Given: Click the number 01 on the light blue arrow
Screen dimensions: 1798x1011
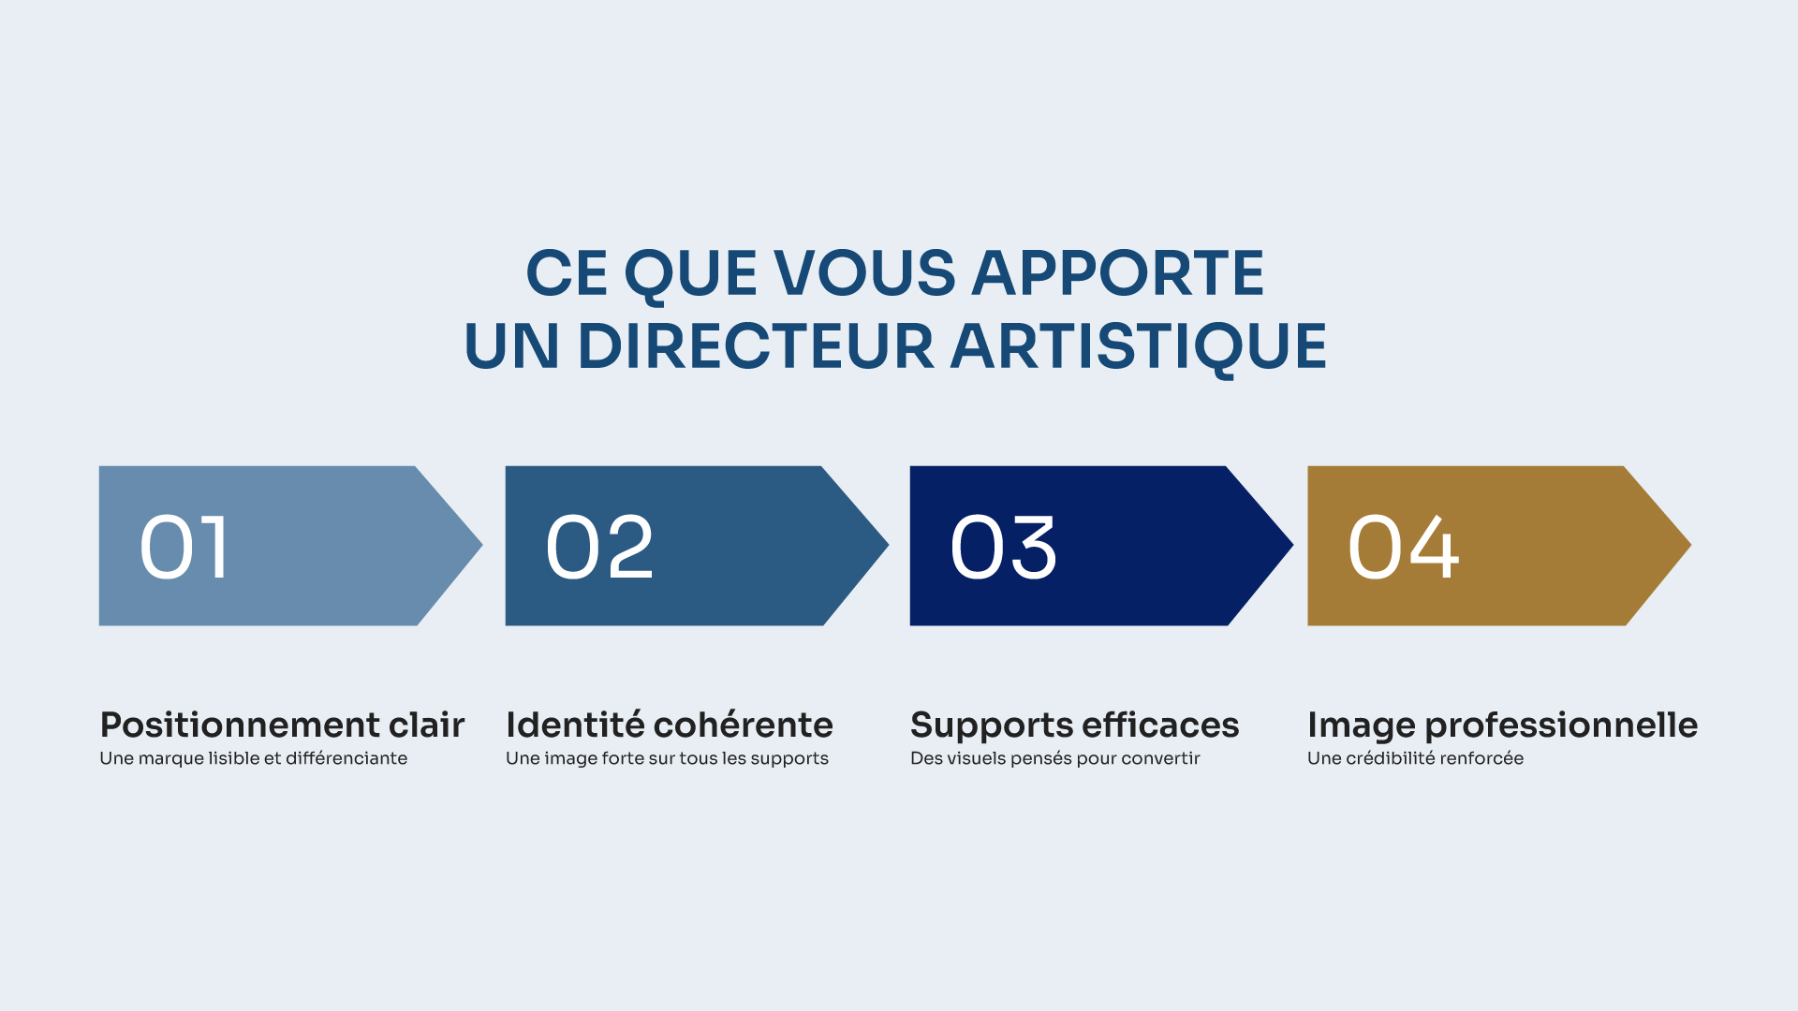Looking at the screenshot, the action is [184, 548].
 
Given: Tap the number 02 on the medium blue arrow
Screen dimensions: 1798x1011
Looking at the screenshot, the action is [599, 548].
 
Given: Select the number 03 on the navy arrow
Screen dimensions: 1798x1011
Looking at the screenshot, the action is [1004, 548].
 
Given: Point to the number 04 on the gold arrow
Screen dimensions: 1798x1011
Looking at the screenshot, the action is [1403, 548].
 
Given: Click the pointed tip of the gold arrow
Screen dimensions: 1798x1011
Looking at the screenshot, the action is [1690, 545].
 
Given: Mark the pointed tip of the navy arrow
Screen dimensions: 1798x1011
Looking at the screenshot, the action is [1292, 545].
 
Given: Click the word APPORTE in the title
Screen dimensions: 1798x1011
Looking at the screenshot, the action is [1118, 273].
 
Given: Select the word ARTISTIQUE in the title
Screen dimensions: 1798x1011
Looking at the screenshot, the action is [1139, 346].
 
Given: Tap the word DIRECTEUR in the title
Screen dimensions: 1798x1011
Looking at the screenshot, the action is [757, 346].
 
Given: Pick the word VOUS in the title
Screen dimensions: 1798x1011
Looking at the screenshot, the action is [865, 273].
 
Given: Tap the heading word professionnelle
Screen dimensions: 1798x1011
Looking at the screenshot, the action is [1561, 726].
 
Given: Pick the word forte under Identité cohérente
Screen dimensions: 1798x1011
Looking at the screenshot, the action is [623, 758].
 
